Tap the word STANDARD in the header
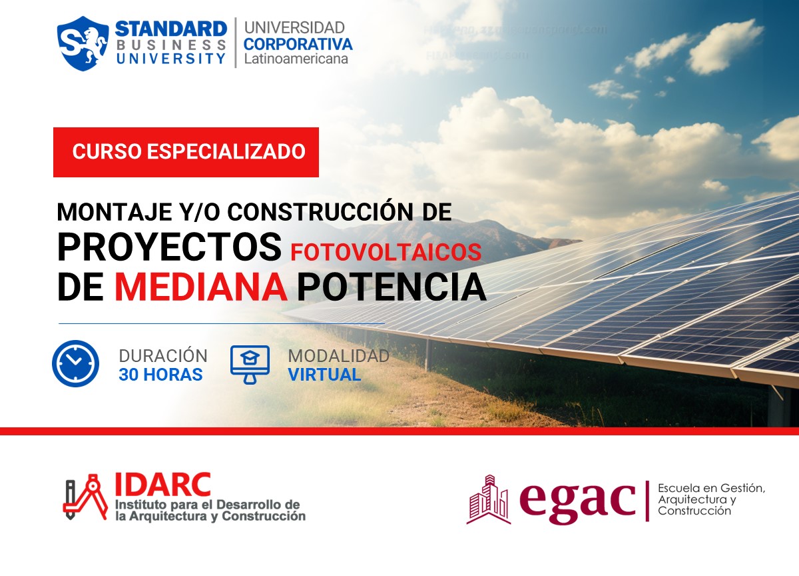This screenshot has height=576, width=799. (x=171, y=29)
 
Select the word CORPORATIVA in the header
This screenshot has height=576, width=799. (x=298, y=44)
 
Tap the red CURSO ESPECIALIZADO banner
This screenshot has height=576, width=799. (x=186, y=152)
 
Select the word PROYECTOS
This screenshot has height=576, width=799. (x=169, y=247)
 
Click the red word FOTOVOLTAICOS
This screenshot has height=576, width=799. (x=386, y=252)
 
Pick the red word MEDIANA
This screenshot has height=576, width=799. (x=200, y=287)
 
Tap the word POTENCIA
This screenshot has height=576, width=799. (x=392, y=287)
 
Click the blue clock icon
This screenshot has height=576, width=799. (x=75, y=364)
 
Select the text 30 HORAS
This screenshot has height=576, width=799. (x=160, y=375)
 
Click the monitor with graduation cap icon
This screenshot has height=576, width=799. (x=250, y=363)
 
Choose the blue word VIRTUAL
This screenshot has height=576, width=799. (x=324, y=375)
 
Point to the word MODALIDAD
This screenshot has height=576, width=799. (x=338, y=356)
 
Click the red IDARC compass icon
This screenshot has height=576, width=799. (x=85, y=497)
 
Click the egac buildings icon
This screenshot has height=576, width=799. (x=489, y=499)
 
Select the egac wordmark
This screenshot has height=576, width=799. (x=577, y=499)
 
